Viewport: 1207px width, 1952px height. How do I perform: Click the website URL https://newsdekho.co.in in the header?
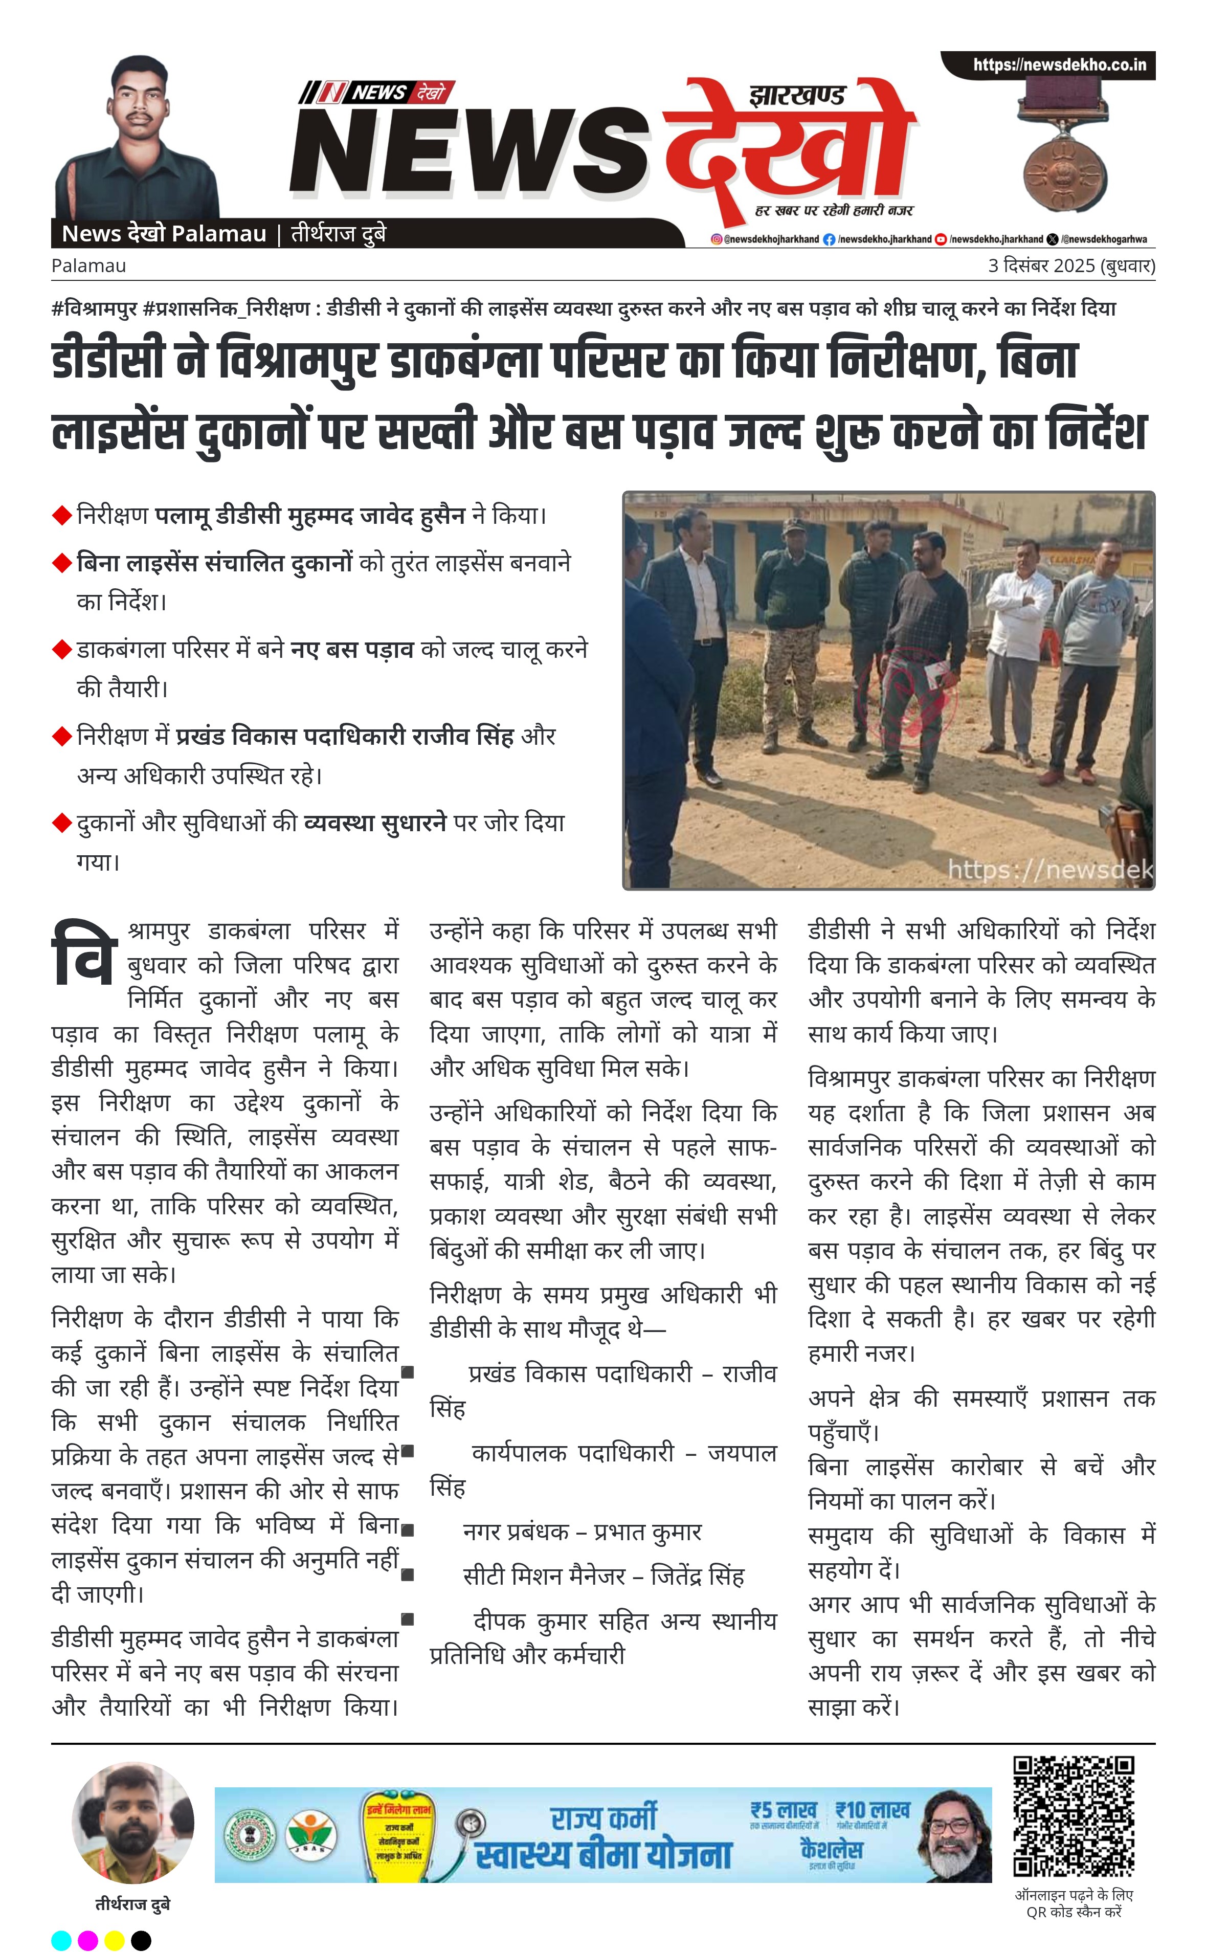pos(1059,64)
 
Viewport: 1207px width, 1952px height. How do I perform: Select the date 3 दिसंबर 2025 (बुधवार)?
pos(1070,266)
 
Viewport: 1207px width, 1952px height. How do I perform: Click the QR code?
pos(1073,1816)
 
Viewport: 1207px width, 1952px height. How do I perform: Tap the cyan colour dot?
pos(61,1940)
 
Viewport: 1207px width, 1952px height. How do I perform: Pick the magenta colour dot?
pos(88,1940)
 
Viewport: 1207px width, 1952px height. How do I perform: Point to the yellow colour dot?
pos(114,1940)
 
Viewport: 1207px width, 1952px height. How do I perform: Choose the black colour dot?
pos(141,1940)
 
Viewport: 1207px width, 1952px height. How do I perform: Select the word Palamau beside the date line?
pos(88,266)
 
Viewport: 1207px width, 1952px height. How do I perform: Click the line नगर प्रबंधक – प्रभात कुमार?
pos(582,1531)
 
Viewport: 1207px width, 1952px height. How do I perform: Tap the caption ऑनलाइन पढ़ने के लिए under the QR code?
pos(1074,1895)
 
